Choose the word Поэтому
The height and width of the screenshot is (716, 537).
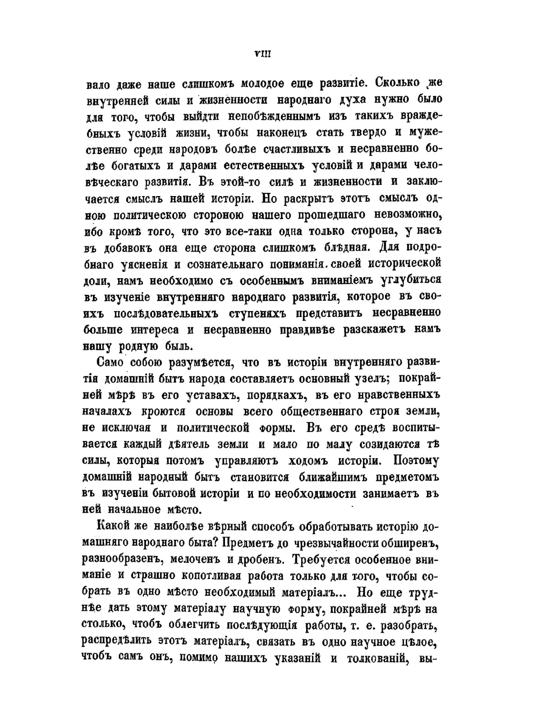(x=416, y=461)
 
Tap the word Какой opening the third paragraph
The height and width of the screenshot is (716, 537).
(x=114, y=527)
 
